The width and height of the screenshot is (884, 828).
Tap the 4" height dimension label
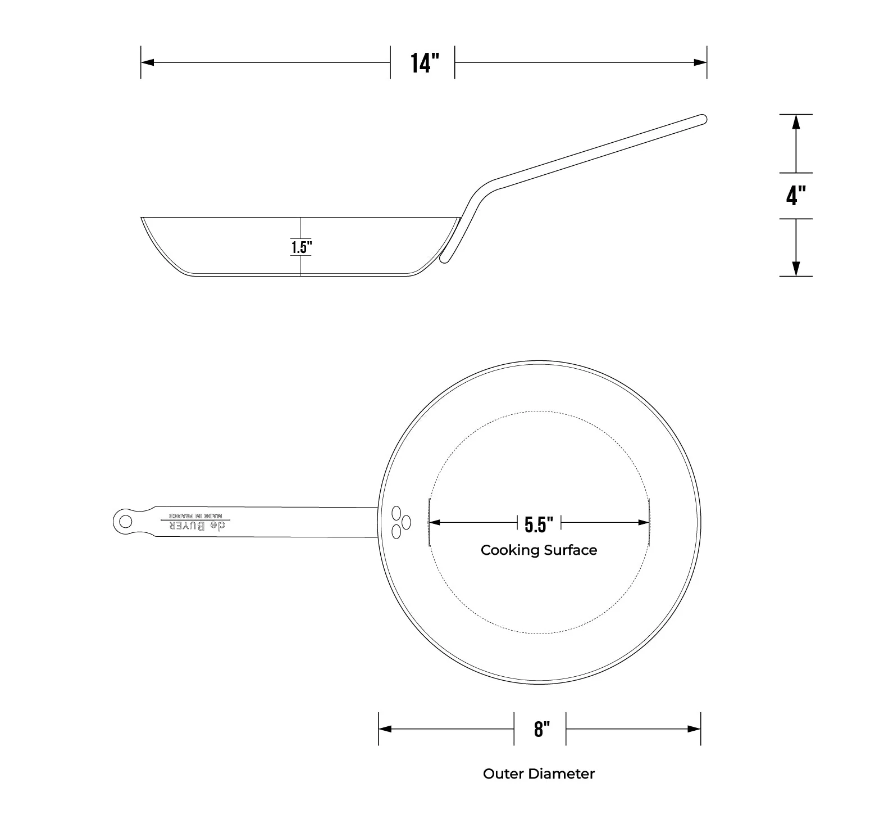tap(796, 196)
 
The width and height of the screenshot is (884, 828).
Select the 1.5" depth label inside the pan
tap(301, 247)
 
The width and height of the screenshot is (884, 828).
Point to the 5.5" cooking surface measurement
tap(539, 524)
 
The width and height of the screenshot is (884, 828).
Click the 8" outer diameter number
tap(541, 729)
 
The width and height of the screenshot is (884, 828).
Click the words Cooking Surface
tap(539, 550)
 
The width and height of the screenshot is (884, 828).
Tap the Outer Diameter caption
tap(539, 773)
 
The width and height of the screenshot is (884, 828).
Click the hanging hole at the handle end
tap(125, 521)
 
